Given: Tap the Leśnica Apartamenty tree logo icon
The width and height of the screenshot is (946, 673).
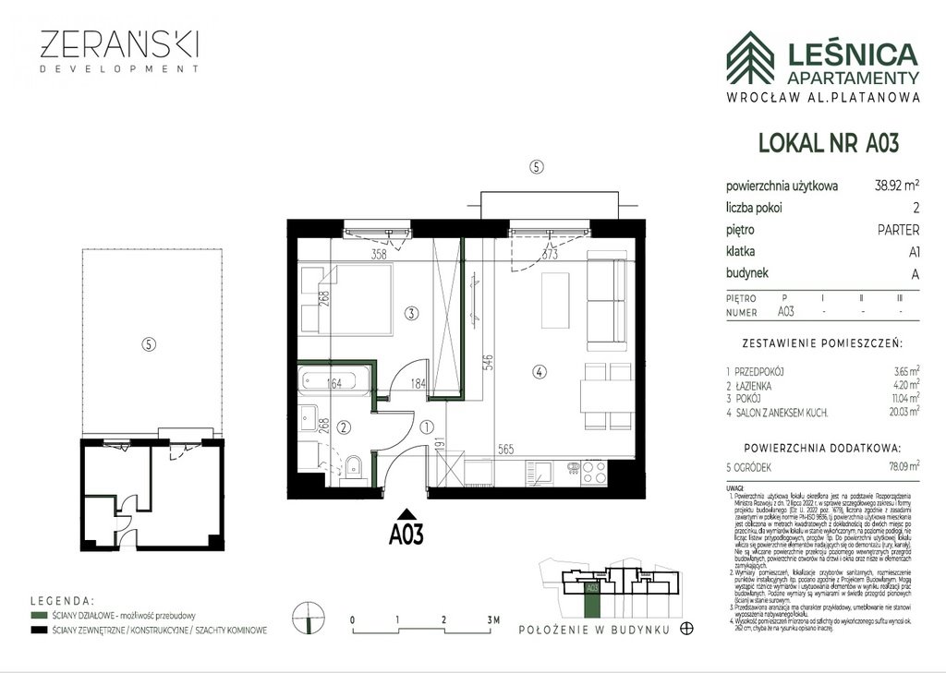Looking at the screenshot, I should coord(749,57).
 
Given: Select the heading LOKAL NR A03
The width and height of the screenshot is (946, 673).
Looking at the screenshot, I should coord(828,143).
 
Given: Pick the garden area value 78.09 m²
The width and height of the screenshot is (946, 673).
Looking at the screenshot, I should coord(898,467).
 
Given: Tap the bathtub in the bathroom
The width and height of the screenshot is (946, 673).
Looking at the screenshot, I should coord(334,382).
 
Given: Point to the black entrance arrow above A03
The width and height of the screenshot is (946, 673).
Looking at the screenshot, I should coord(406,514).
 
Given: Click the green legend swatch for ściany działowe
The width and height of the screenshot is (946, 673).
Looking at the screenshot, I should coord(38,615).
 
